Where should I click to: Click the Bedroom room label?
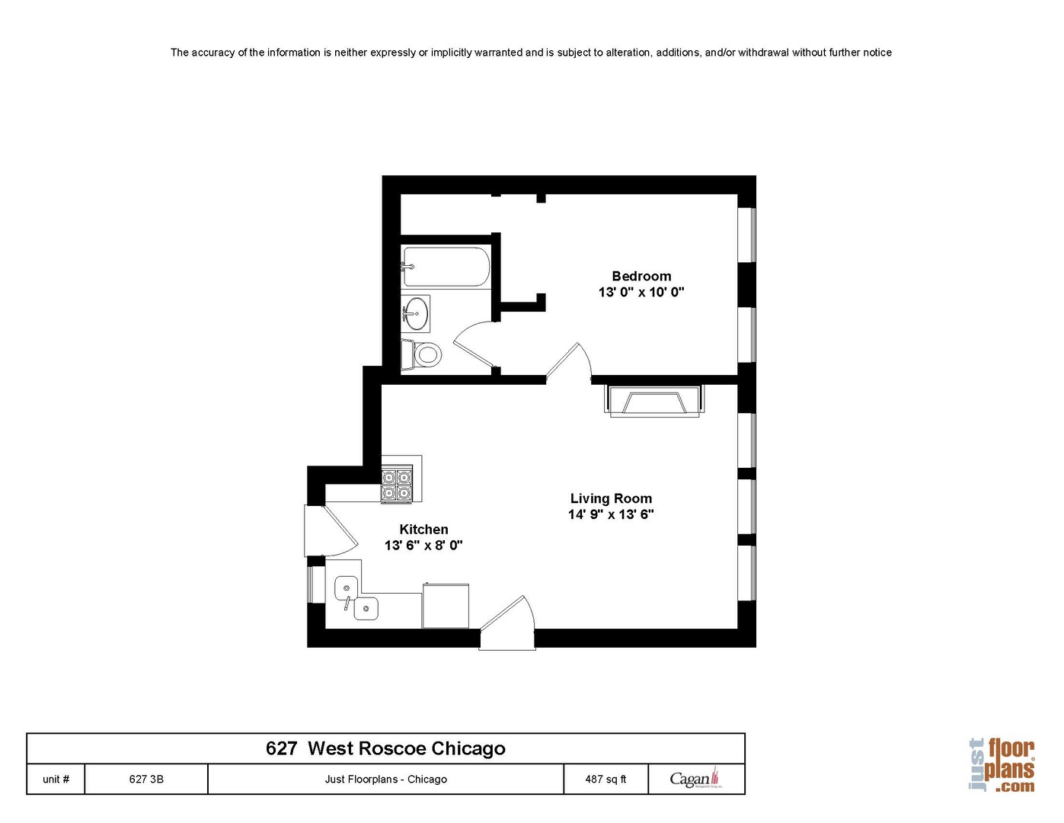[x=641, y=276]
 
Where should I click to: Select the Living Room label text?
[x=611, y=498]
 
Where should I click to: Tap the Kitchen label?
[x=423, y=529]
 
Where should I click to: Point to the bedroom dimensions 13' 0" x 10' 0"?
[x=641, y=292]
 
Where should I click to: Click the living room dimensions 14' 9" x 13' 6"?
[x=611, y=514]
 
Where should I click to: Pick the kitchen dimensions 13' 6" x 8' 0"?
[x=423, y=546]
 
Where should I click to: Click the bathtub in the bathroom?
[x=445, y=267]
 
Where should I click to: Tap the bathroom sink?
[x=416, y=312]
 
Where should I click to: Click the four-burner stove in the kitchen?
[x=397, y=485]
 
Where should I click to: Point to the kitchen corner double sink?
[x=355, y=597]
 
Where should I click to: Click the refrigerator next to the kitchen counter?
[x=446, y=606]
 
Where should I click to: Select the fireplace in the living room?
[x=653, y=401]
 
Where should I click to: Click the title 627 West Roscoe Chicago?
[x=385, y=748]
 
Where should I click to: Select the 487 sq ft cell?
[x=605, y=779]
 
